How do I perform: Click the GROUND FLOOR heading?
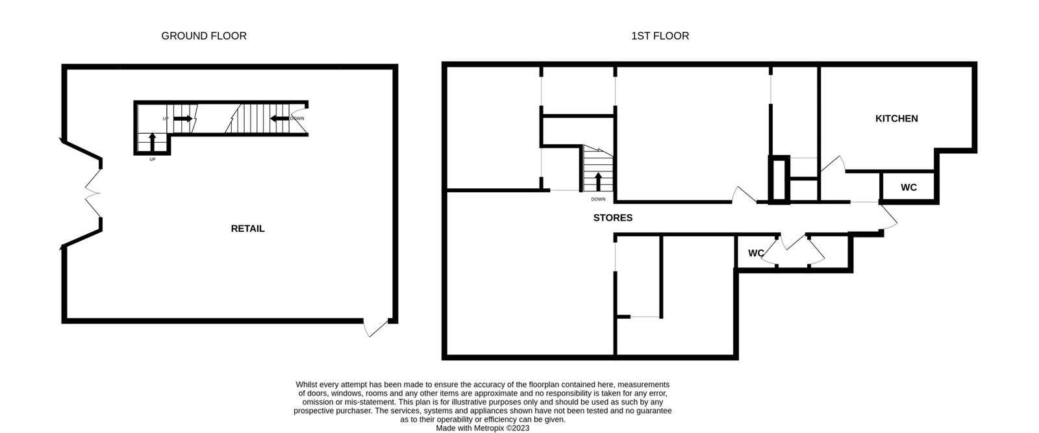204,36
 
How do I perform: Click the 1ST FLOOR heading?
660,36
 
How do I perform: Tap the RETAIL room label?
247,229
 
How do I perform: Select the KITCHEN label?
897,119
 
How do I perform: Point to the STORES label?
613,218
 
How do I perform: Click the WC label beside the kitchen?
908,188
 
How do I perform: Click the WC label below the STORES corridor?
756,253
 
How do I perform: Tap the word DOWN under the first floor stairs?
598,199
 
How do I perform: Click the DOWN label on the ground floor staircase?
297,119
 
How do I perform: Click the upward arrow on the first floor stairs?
598,182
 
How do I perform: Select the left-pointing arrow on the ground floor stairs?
279,119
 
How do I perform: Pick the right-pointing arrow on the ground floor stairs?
183,119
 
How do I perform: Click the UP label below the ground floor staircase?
153,160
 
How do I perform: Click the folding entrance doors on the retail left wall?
93,193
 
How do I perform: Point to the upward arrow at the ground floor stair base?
152,142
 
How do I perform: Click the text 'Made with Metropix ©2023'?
482,428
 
